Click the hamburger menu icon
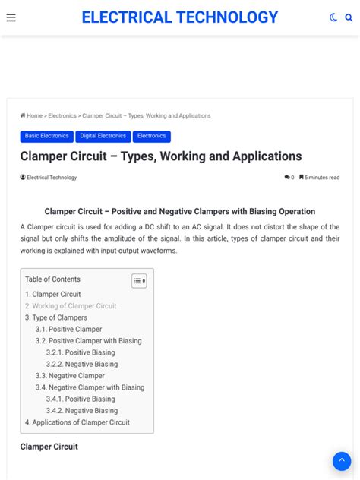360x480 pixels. point(11,17)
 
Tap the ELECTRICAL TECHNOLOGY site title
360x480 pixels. point(180,17)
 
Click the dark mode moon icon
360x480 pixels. point(333,17)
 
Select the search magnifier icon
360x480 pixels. point(349,17)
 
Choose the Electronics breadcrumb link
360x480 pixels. point(62,116)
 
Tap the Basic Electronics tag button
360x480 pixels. point(46,136)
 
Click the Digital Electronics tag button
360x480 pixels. point(103,136)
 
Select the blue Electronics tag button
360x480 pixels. point(151,136)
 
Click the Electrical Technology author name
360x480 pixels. point(52,178)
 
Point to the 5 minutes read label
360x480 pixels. point(322,178)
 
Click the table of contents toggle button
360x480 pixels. point(138,281)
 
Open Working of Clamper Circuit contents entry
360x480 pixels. point(71,306)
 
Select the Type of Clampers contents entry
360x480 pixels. point(56,317)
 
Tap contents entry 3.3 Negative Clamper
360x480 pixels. point(70,376)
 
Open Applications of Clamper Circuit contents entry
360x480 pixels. point(77,422)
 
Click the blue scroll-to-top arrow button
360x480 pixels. point(342,461)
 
